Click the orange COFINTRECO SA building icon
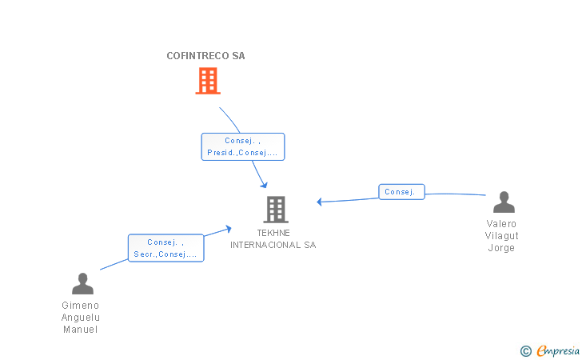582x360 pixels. [208, 81]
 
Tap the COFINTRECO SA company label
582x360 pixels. [205, 56]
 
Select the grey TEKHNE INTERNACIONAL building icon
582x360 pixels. [276, 209]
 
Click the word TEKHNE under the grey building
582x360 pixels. [273, 233]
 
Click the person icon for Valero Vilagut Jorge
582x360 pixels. [504, 202]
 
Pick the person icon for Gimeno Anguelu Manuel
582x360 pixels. [82, 283]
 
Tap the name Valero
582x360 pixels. [501, 224]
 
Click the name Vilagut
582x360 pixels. [501, 236]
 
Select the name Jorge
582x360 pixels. [501, 248]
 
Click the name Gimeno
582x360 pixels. [80, 306]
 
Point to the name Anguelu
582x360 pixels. [81, 318]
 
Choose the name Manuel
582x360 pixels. [80, 330]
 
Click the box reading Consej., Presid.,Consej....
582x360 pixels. [243, 146]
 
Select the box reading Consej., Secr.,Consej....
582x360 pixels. [166, 248]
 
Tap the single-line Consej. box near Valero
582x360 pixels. [401, 192]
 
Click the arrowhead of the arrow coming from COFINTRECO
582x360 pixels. [265, 186]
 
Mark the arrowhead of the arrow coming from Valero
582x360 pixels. [319, 202]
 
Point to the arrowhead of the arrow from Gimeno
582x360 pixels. [229, 229]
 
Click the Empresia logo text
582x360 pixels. [558, 350]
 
